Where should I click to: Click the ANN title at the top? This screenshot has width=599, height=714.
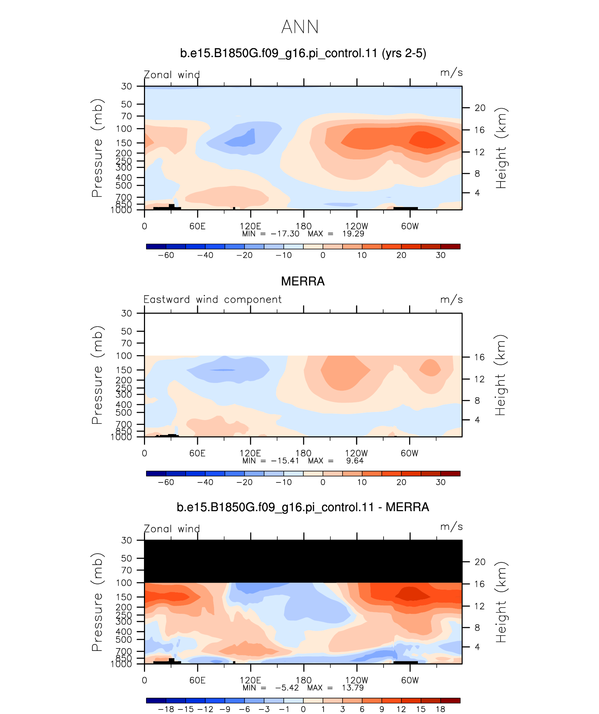[x=300, y=27]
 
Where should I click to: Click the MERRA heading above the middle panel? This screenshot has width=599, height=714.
[x=303, y=281]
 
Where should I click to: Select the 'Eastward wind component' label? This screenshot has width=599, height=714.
[x=212, y=300]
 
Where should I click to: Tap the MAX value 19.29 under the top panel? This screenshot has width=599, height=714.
[x=353, y=234]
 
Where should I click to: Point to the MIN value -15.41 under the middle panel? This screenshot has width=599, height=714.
[x=285, y=461]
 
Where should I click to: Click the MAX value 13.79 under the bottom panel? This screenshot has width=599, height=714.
[x=353, y=688]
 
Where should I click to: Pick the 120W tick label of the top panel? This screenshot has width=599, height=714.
[x=357, y=226]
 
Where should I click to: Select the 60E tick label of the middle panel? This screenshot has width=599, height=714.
[x=197, y=453]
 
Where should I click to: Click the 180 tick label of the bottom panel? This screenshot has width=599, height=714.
[x=303, y=680]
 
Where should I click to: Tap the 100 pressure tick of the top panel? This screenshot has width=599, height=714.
[x=124, y=129]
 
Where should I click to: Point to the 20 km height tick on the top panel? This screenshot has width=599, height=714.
[x=480, y=108]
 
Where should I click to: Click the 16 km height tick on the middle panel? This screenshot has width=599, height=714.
[x=480, y=357]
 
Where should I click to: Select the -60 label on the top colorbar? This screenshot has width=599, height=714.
[x=166, y=255]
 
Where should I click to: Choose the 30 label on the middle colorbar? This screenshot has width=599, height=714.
[x=440, y=482]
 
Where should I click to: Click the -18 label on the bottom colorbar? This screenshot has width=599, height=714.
[x=166, y=709]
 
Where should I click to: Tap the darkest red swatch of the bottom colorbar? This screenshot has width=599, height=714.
[x=450, y=700]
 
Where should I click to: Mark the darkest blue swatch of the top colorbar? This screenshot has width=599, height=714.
[x=156, y=246]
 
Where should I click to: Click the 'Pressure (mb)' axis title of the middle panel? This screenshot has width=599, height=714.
[x=97, y=375]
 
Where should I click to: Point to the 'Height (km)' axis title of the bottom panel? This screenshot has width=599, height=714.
[x=501, y=602]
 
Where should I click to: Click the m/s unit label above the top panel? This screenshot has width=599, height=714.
[x=452, y=73]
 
